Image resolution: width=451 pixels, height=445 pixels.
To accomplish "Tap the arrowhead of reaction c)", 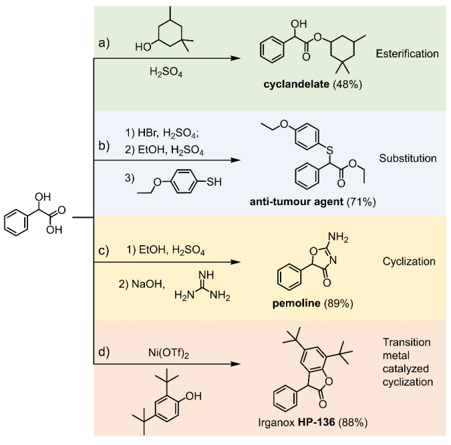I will (x=235, y=263).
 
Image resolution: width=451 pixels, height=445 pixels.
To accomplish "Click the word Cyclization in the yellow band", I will (x=408, y=263).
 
